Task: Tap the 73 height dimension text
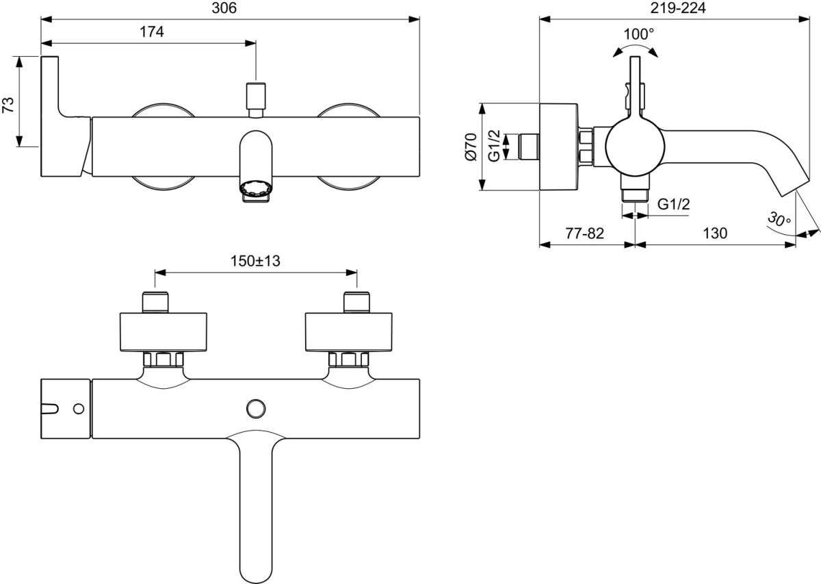(x=8, y=102)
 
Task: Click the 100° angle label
(x=639, y=34)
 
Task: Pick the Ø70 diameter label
(x=470, y=147)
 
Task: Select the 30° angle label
(x=778, y=220)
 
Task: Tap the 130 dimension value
(x=714, y=233)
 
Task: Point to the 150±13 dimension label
(x=256, y=261)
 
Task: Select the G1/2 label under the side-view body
(x=673, y=204)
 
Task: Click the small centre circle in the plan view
(x=257, y=408)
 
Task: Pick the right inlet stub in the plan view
(x=356, y=301)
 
